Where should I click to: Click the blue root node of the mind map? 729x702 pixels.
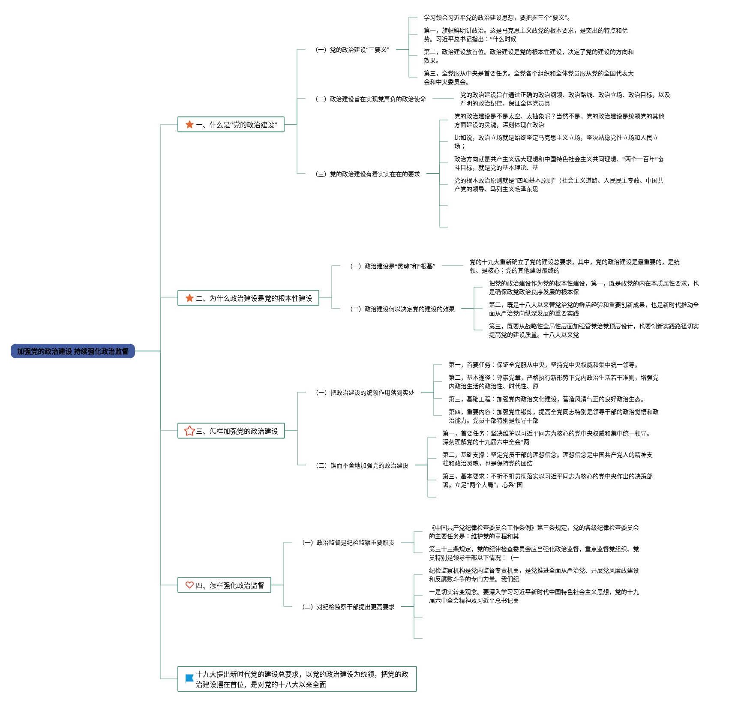pyautogui.click(x=72, y=351)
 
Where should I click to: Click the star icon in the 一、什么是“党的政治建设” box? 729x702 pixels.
pyautogui.click(x=189, y=124)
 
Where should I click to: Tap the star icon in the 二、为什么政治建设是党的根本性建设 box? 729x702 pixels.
pyautogui.click(x=189, y=298)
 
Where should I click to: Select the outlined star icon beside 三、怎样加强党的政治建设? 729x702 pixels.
pyautogui.click(x=189, y=431)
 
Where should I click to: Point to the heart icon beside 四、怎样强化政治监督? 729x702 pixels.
pyautogui.click(x=189, y=585)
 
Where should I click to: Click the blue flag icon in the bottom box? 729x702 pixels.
pyautogui.click(x=189, y=679)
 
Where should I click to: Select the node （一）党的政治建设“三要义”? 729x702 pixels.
pyautogui.click(x=352, y=50)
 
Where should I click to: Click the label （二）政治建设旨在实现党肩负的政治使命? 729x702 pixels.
pyautogui.click(x=371, y=99)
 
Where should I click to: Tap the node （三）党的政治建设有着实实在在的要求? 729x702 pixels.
pyautogui.click(x=368, y=174)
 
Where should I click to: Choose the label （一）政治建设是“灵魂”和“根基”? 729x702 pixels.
pyautogui.click(x=393, y=266)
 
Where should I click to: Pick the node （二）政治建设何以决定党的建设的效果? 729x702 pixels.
pyautogui.click(x=402, y=309)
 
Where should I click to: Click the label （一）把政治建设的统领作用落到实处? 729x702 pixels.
pyautogui.click(x=365, y=393)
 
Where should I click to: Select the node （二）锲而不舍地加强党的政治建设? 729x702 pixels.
pyautogui.click(x=362, y=465)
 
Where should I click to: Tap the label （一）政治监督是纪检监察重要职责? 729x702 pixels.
pyautogui.click(x=348, y=543)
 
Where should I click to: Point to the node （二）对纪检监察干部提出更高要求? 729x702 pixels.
pyautogui.click(x=348, y=607)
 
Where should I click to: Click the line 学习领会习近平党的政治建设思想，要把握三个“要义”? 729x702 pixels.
pyautogui.click(x=497, y=18)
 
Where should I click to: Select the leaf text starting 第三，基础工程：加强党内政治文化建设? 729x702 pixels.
pyautogui.click(x=546, y=399)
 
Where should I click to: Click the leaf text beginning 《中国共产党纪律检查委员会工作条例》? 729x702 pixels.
pyautogui.click(x=534, y=532)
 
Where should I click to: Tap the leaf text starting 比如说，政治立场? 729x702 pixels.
pyautogui.click(x=556, y=142)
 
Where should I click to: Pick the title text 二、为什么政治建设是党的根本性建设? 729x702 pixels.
pyautogui.click(x=254, y=298)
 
